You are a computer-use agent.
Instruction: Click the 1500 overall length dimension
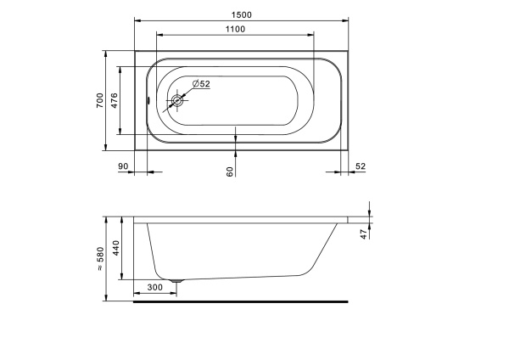click(242, 15)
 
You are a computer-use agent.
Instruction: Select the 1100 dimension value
click(235, 29)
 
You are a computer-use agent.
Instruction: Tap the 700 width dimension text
click(100, 100)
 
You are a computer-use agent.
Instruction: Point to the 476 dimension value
click(115, 100)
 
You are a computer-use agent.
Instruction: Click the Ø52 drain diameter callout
click(201, 84)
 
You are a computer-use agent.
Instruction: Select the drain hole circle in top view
click(177, 100)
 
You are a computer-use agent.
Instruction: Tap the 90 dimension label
click(123, 166)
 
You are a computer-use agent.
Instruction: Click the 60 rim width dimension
click(230, 172)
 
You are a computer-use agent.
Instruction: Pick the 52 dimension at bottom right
click(361, 166)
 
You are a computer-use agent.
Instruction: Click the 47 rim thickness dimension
click(364, 234)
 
